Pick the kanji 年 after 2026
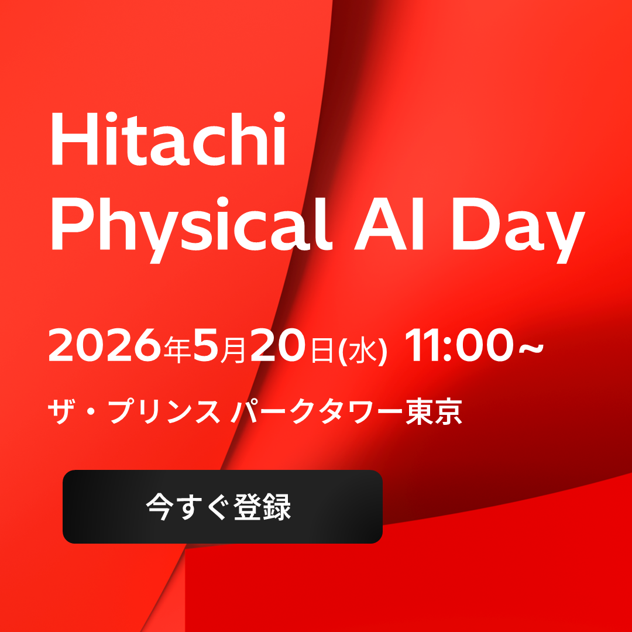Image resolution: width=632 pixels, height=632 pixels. (176, 349)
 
